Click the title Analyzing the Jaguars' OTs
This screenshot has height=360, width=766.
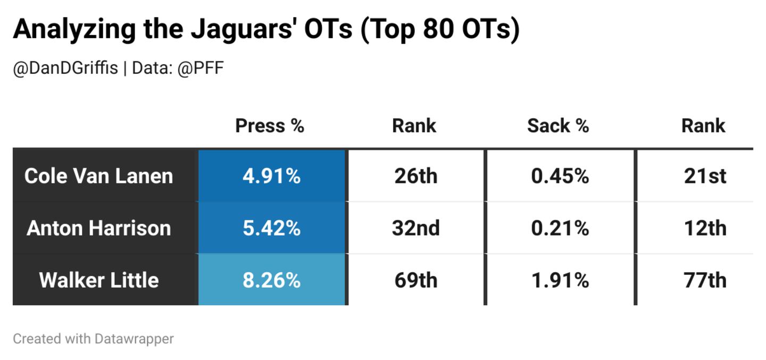266,29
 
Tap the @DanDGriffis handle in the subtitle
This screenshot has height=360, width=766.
65,69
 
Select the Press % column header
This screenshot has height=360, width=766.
270,126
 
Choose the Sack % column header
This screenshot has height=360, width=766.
558,126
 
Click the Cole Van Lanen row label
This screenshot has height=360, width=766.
99,176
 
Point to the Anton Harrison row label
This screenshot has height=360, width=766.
99,228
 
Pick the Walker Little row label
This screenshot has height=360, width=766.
99,280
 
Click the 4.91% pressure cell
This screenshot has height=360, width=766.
271,176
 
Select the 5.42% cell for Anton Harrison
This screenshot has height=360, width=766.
271,228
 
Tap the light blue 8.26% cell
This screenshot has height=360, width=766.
271,280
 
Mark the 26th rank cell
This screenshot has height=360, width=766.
416,176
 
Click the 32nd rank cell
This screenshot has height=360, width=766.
416,228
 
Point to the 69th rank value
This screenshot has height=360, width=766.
416,280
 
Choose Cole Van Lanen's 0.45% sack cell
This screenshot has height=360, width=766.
560,176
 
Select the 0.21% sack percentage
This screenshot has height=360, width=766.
560,228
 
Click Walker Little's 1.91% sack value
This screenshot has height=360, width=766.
560,280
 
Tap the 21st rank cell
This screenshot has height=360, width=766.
705,176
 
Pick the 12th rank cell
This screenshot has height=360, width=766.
705,228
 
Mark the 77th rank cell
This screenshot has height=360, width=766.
705,280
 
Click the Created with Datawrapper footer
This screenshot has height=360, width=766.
93,339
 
